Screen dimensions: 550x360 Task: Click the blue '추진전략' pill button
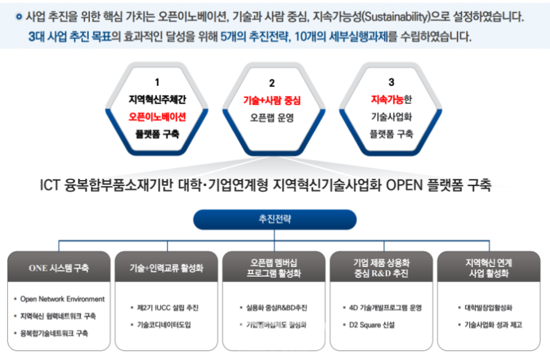tap(275, 220)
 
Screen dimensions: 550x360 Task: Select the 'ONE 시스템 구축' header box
tap(58, 268)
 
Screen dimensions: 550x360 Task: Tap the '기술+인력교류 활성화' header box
tap(167, 268)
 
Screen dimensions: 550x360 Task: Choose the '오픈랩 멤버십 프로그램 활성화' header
tap(275, 268)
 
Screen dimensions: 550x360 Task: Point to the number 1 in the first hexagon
tap(157, 82)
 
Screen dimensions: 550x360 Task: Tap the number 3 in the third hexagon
tap(391, 81)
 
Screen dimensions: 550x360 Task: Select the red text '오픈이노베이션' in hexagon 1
tap(157, 116)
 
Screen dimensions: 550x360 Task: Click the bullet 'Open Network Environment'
tap(62, 299)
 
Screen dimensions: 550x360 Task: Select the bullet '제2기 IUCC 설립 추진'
tap(168, 308)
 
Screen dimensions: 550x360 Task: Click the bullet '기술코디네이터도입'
tap(163, 325)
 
